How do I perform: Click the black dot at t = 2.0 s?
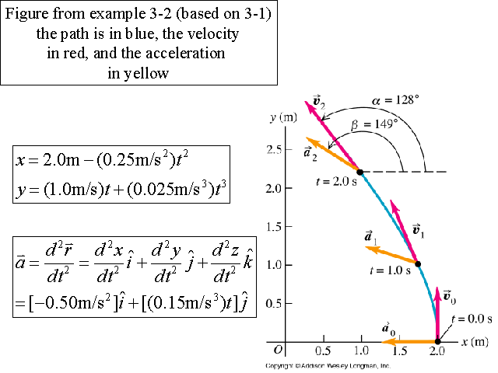click(x=359, y=172)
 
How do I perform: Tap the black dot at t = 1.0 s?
click(x=418, y=264)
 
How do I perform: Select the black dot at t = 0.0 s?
click(x=437, y=341)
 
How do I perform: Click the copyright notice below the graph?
click(x=327, y=365)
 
